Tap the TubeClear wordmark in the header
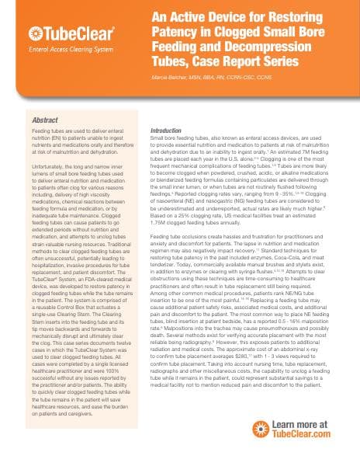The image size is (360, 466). coord(73,33)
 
